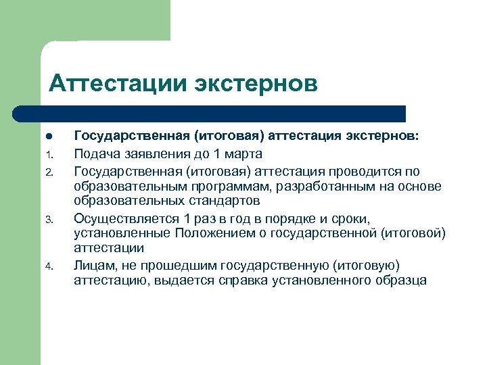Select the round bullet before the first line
pos(48,137)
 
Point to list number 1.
pos(48,154)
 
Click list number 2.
pos(48,171)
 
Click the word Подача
pos(96,153)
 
